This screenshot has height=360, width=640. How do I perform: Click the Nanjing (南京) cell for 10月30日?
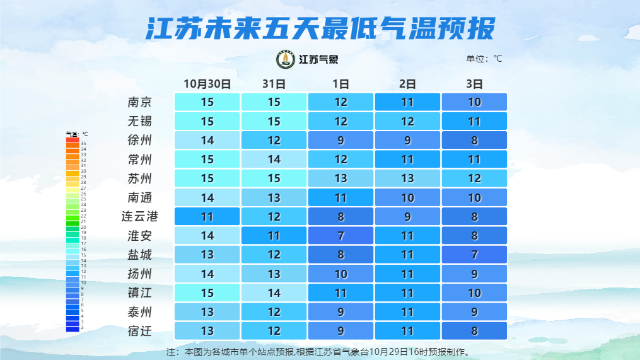[207, 102]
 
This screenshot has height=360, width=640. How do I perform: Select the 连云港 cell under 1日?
[341, 216]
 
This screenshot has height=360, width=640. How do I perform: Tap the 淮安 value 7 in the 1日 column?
[341, 236]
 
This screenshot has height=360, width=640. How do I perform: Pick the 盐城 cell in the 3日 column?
[474, 255]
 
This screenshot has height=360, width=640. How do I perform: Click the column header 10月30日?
[207, 83]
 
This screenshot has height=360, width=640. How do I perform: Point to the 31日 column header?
[274, 83]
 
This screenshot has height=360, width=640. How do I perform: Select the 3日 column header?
[474, 83]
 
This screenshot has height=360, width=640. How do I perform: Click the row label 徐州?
[139, 140]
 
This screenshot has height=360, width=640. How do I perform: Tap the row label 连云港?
[139, 216]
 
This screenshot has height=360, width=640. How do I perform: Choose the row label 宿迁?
[139, 331]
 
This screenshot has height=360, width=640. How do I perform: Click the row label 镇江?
[139, 293]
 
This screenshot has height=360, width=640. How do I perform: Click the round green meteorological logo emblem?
[286, 59]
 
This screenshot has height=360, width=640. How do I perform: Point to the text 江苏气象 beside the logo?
[318, 60]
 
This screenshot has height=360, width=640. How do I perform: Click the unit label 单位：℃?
[484, 59]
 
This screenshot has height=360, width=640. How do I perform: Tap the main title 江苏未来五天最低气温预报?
[320, 28]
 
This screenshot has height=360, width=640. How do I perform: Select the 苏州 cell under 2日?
[408, 178]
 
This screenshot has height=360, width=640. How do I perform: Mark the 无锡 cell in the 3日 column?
[474, 121]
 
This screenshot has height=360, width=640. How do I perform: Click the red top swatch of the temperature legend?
[73, 139]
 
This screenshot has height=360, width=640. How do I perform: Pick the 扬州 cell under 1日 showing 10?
[341, 274]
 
